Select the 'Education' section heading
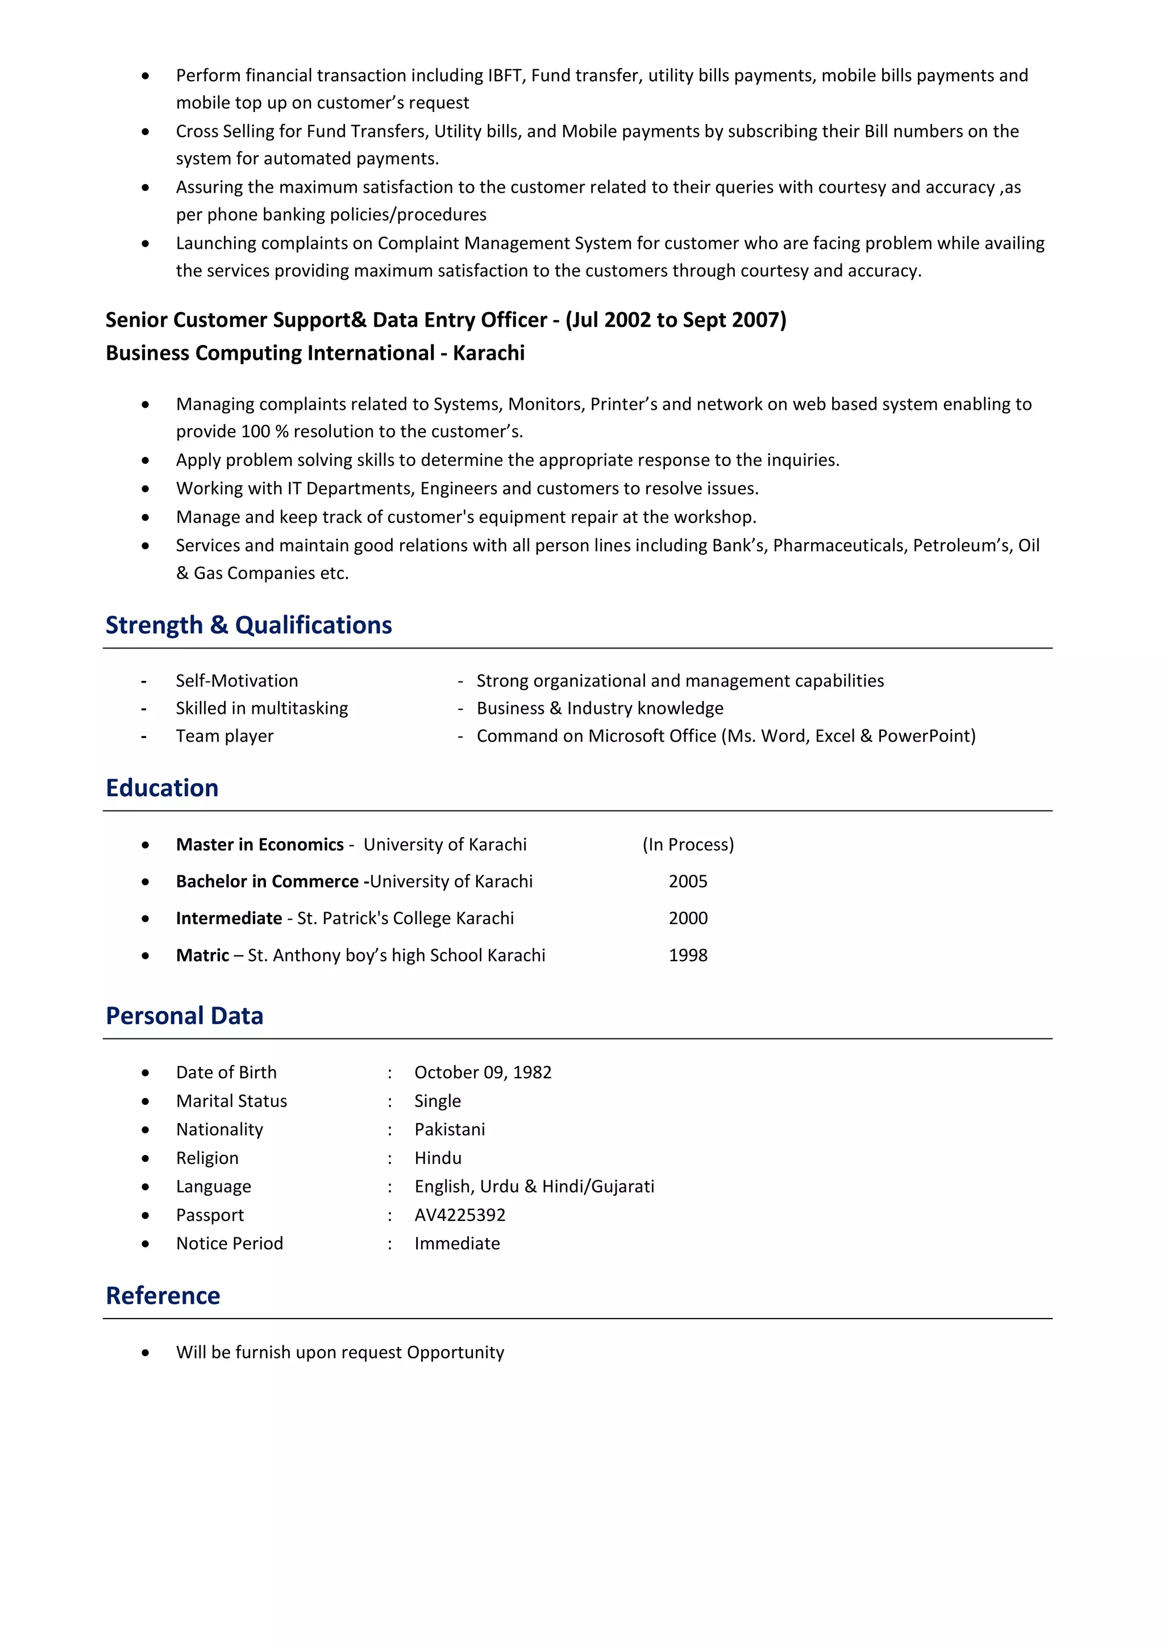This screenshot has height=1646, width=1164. pos(162,788)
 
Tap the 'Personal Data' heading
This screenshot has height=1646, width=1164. pos(184,1016)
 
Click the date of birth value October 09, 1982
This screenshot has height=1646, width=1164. pos(483,1073)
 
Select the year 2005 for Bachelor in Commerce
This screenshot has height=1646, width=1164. pos(687,882)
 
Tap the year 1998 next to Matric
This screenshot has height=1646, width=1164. pos(687,955)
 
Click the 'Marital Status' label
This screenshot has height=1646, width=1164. pos(231,1101)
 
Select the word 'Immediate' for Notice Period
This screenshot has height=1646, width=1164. pos(456,1244)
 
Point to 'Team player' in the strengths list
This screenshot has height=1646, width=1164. pos(225,736)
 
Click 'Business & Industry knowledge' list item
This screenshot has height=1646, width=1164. pos(600,708)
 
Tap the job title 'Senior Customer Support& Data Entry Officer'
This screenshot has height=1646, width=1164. pos(326,320)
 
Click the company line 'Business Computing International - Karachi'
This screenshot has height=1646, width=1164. pos(315,353)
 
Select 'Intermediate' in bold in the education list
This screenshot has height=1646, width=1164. pos(228,918)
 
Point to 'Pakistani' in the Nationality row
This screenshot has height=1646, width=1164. pos(450,1130)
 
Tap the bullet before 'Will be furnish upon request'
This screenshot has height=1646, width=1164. pos(145,1353)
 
